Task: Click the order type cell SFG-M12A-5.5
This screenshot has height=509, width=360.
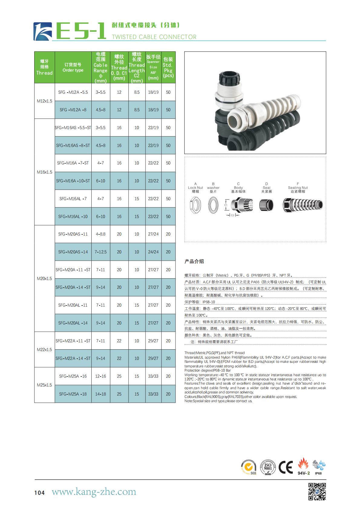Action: coord(73,92)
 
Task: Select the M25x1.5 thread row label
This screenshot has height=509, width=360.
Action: coord(44,385)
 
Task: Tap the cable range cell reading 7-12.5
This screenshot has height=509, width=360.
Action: coord(100,252)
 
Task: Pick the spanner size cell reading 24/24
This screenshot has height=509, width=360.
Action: coord(153,252)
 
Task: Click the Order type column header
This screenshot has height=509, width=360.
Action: coord(73,67)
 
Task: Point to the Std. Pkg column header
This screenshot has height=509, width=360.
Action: coord(168,67)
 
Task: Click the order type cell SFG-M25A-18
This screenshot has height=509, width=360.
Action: coord(73,394)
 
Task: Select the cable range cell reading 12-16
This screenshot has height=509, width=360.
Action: coord(100,376)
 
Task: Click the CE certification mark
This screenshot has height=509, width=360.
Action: coord(286,467)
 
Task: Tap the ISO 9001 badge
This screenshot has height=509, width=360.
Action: coord(268,467)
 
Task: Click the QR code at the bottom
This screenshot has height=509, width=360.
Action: coord(317,491)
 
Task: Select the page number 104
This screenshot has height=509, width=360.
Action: coord(39,493)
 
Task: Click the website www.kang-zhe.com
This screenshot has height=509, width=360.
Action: coord(94,491)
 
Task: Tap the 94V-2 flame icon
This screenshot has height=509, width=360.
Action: coord(303,466)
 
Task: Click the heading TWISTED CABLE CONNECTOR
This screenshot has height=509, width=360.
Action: coord(154,37)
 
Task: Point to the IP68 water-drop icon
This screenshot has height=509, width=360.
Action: coord(318,466)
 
